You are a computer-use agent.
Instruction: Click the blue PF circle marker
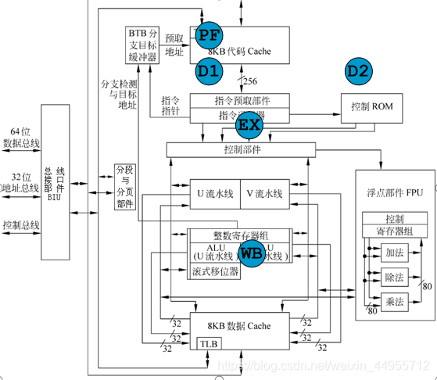click(210, 34)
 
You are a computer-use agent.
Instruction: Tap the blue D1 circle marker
click(210, 71)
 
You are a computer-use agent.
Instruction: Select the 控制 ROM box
click(372, 105)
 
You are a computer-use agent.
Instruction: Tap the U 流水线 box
click(212, 193)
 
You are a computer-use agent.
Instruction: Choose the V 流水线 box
click(266, 193)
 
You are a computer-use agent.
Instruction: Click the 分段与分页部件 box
click(124, 186)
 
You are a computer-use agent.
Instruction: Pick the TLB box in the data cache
click(206, 343)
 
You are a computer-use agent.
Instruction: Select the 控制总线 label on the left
click(21, 226)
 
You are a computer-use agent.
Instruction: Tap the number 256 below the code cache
click(251, 82)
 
